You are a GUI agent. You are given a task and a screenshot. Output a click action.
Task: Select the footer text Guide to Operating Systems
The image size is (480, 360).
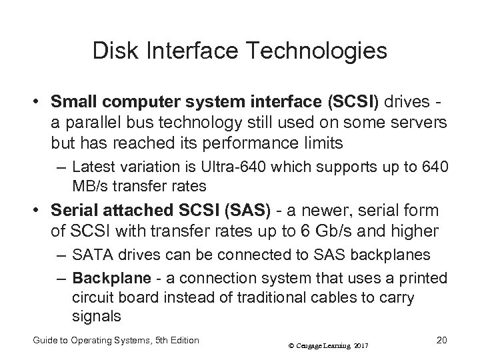(83, 340)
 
